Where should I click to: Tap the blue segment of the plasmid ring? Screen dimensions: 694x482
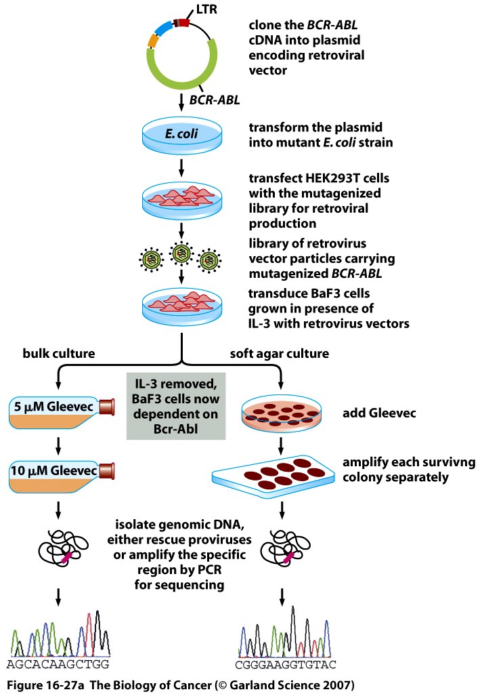[x=163, y=28]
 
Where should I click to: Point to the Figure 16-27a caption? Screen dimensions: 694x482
[x=177, y=681]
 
